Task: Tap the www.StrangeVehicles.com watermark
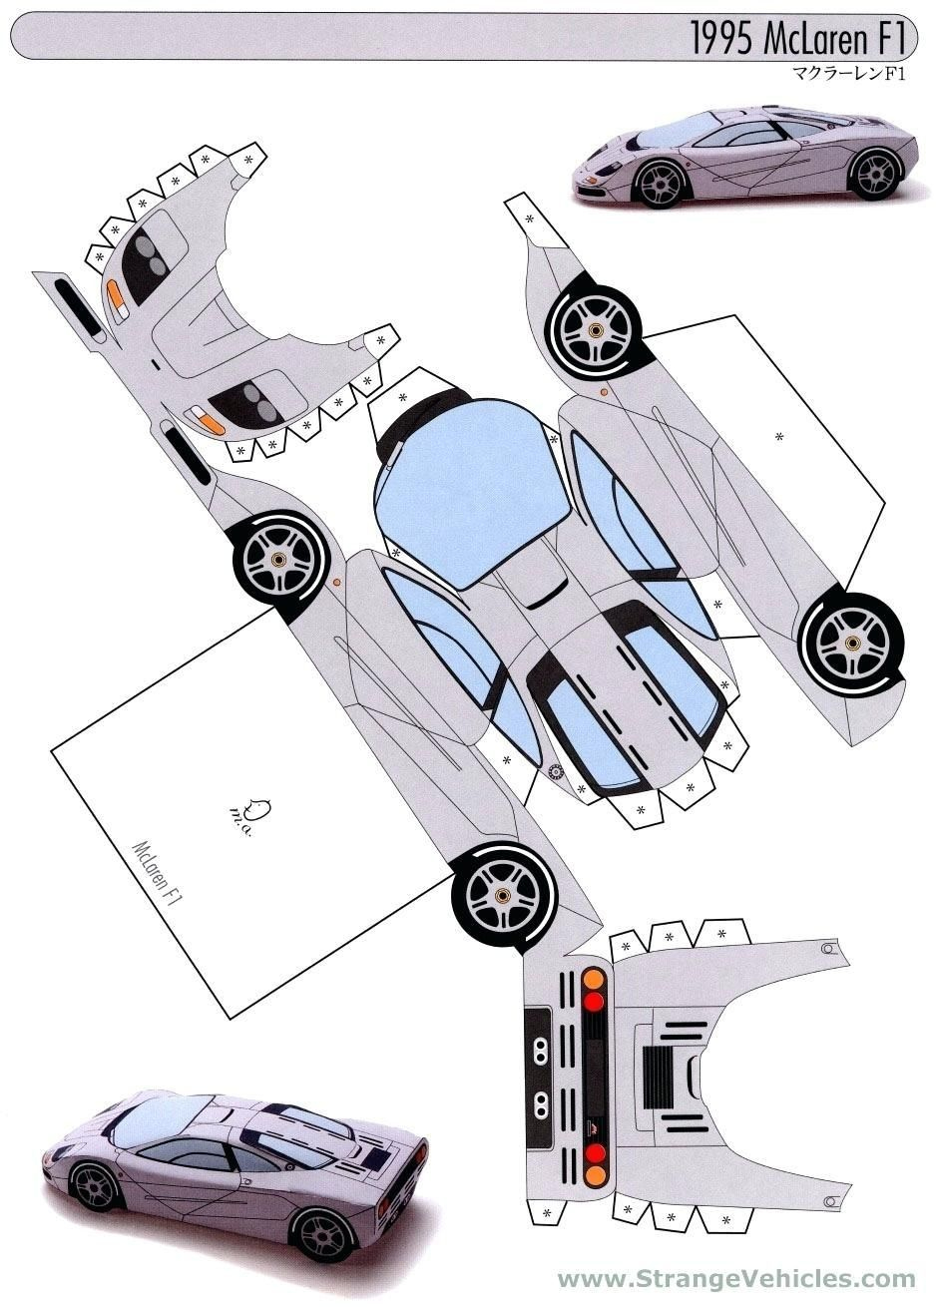click(x=735, y=1279)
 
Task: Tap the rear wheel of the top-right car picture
click(x=875, y=173)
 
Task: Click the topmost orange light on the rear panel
click(x=594, y=979)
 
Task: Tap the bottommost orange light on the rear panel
click(x=594, y=1175)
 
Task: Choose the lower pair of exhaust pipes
click(x=540, y=1103)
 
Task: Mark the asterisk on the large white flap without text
click(x=779, y=436)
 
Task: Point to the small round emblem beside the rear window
click(x=557, y=770)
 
